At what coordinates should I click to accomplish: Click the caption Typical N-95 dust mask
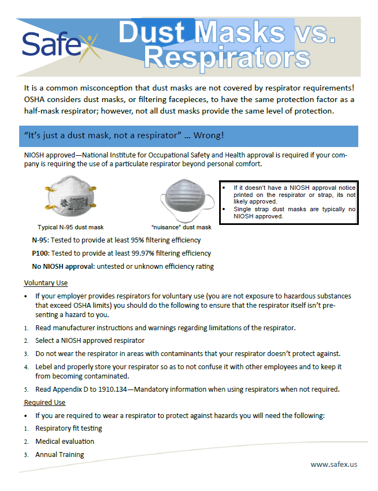point(70,227)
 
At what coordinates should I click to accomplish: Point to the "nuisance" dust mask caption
point(181,227)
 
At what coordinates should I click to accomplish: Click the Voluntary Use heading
point(46,283)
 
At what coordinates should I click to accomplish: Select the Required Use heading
point(45,403)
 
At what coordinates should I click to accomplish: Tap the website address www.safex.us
point(334,464)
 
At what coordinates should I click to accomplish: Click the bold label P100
point(41,253)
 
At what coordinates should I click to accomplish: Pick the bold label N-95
point(41,240)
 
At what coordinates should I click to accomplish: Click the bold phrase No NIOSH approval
point(64,267)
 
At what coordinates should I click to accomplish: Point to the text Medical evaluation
point(65,441)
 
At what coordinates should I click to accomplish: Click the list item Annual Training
point(60,454)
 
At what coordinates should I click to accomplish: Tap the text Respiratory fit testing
point(68,428)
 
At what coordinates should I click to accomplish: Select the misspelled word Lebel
point(44,366)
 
